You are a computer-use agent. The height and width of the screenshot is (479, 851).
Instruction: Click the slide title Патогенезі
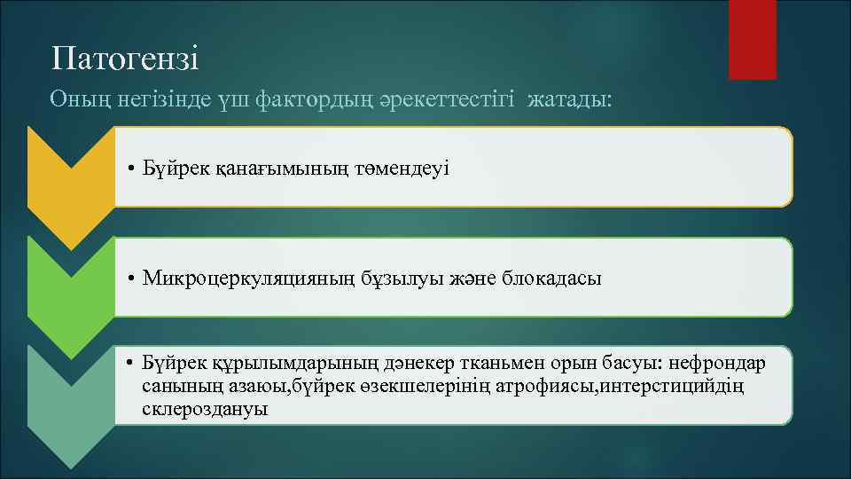[125, 59]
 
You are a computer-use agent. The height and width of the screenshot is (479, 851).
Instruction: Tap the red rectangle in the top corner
[752, 39]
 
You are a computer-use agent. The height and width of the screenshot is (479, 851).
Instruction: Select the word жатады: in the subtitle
[568, 99]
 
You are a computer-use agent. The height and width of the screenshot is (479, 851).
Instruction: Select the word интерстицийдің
[660, 387]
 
